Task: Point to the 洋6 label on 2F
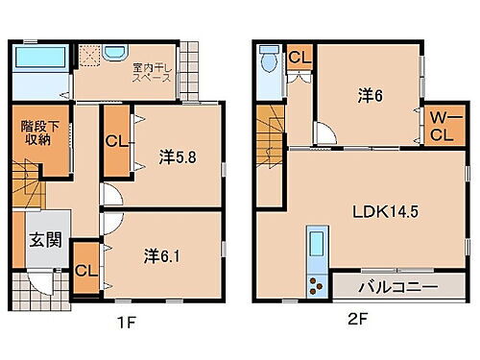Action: pyautogui.click(x=371, y=95)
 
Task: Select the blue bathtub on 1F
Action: pyautogui.click(x=41, y=60)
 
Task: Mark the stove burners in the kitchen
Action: pyautogui.click(x=316, y=284)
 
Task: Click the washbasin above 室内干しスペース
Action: pyautogui.click(x=113, y=52)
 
